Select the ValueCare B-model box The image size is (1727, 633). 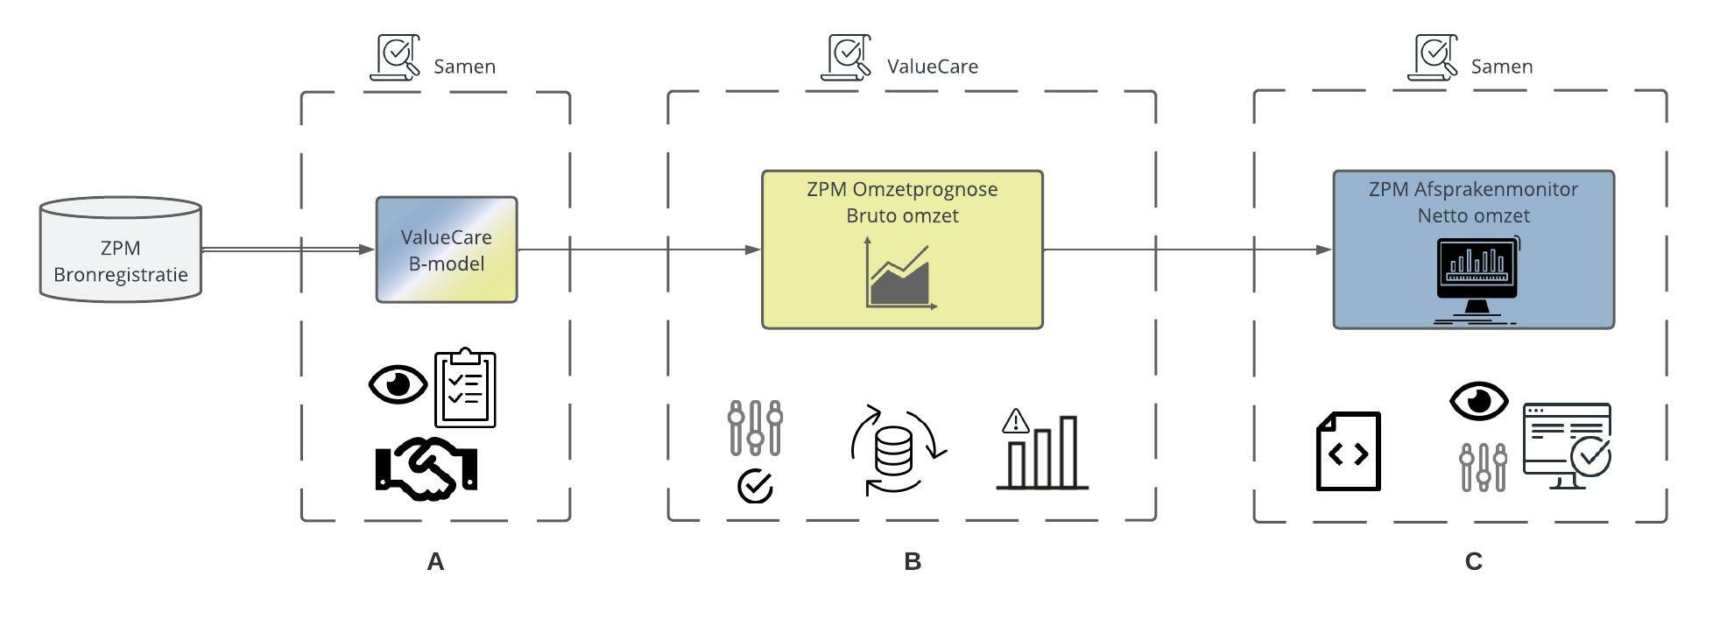[x=447, y=250]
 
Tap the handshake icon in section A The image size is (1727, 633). [x=426, y=468]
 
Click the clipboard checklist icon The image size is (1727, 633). [x=465, y=388]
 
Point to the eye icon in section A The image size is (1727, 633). [x=398, y=384]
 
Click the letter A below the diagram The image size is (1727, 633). [x=435, y=562]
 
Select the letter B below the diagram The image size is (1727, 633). [x=912, y=562]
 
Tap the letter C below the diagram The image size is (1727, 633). [x=1473, y=562]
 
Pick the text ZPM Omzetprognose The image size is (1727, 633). [x=902, y=189]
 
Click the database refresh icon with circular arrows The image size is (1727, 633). [x=896, y=450]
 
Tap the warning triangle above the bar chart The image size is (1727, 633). [x=1015, y=422]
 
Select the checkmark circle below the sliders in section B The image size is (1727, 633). [x=755, y=486]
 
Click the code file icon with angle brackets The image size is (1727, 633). [x=1349, y=452]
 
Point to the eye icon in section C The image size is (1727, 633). [x=1478, y=401]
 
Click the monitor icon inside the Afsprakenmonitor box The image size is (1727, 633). [x=1477, y=278]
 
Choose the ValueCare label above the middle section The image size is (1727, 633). [x=932, y=67]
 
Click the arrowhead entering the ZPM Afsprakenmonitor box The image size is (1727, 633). [x=1323, y=250]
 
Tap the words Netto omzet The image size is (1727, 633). [x=1473, y=215]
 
